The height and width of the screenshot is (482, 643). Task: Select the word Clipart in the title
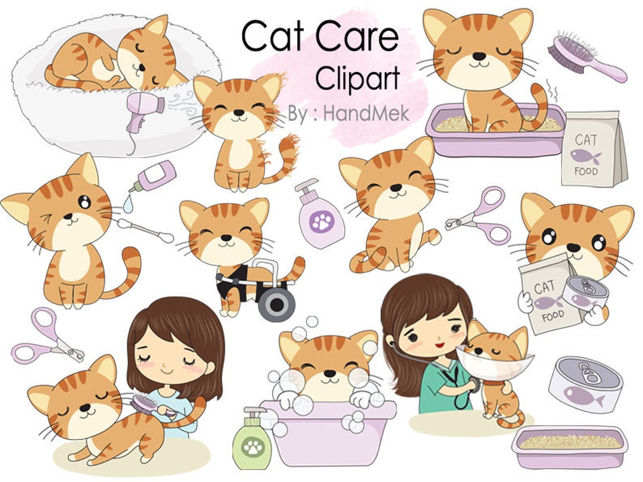(x=357, y=77)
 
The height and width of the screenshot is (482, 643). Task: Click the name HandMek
(x=366, y=113)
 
